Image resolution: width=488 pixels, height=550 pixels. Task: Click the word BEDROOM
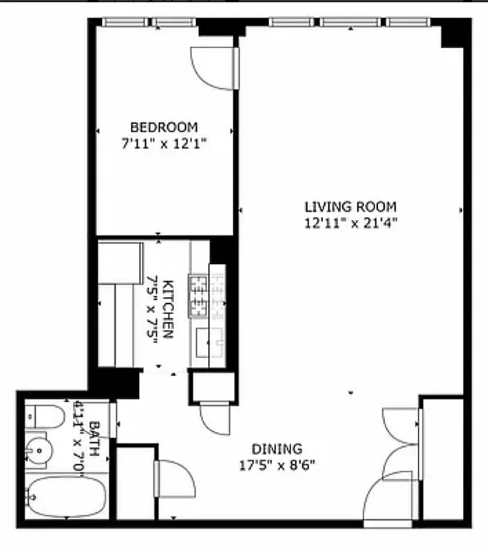(x=164, y=127)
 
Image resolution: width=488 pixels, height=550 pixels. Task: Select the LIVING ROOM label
(x=350, y=206)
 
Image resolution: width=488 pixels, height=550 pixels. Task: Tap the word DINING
(x=276, y=448)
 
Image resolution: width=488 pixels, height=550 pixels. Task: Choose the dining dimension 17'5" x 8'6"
(x=276, y=464)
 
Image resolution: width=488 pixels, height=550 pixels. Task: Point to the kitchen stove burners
(x=200, y=296)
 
